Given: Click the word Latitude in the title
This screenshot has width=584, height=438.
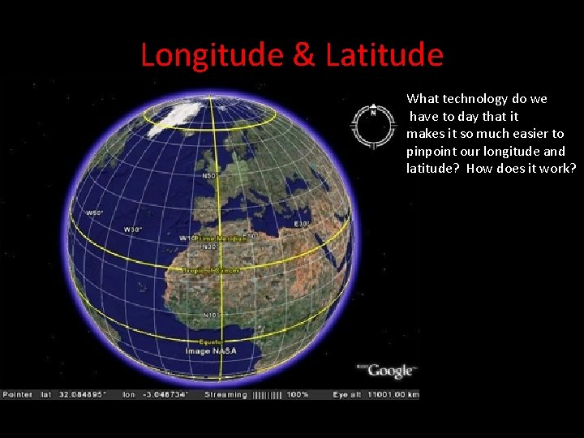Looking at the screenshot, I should coord(384,55).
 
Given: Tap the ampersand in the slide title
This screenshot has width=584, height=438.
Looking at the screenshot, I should coord(304,55).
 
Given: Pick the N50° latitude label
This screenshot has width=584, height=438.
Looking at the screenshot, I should coord(210,175).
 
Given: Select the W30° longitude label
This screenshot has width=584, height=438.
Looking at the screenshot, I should coord(131,230).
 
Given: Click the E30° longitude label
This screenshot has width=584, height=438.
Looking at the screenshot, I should coord(301,222).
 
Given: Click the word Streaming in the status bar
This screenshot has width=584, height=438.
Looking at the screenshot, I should coord(225,394).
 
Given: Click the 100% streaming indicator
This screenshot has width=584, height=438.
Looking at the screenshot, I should coord(298,394).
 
